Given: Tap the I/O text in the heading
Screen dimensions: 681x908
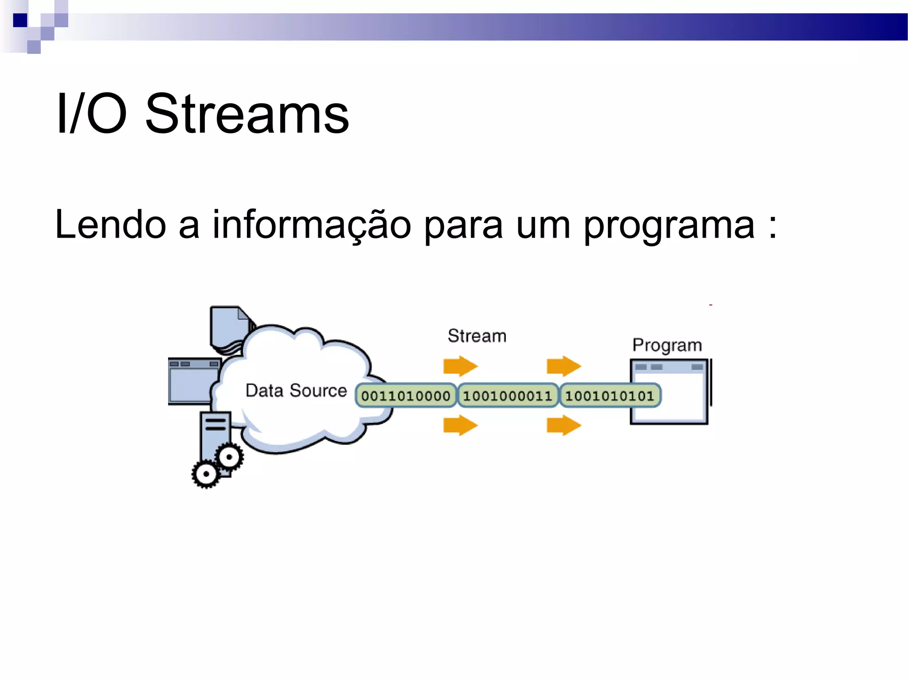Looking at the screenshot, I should click(x=91, y=114).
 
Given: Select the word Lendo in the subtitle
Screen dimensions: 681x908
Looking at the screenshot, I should click(x=110, y=225).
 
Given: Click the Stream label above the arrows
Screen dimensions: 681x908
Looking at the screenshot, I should click(x=477, y=336).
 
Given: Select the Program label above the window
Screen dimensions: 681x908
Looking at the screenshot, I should click(x=667, y=345).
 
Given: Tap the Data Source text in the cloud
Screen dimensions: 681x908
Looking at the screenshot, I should click(x=296, y=391).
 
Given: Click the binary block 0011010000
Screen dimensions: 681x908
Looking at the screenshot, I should click(x=405, y=396).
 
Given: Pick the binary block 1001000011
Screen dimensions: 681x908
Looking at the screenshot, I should click(x=507, y=396).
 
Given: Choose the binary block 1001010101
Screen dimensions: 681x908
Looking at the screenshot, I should click(x=610, y=396).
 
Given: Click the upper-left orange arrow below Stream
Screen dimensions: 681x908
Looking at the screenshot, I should click(x=460, y=366).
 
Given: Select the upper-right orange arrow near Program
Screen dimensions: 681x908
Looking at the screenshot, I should click(x=563, y=366).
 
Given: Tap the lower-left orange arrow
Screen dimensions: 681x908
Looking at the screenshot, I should click(x=460, y=426).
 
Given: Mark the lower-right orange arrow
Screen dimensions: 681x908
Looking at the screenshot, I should click(x=563, y=426).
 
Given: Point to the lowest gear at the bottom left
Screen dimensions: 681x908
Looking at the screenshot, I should click(x=206, y=474).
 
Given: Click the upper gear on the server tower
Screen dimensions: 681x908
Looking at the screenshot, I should click(x=229, y=457).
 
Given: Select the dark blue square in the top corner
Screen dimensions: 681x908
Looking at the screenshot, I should click(x=20, y=20).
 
